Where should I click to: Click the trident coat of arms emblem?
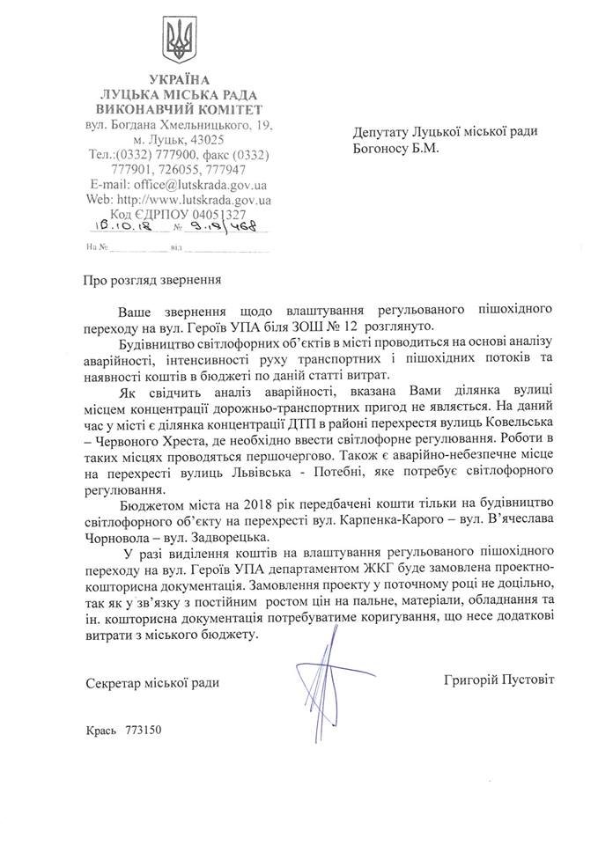[181, 40]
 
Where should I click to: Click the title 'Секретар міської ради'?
[152, 683]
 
